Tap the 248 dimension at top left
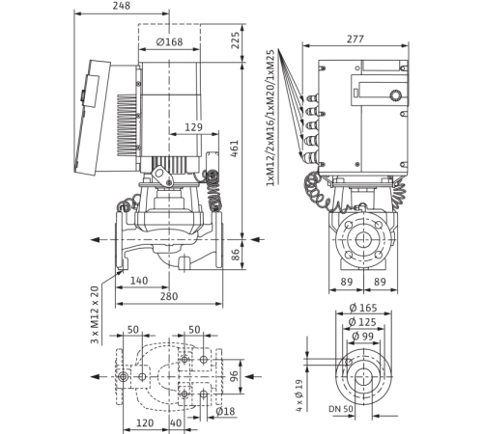click(x=120, y=6)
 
